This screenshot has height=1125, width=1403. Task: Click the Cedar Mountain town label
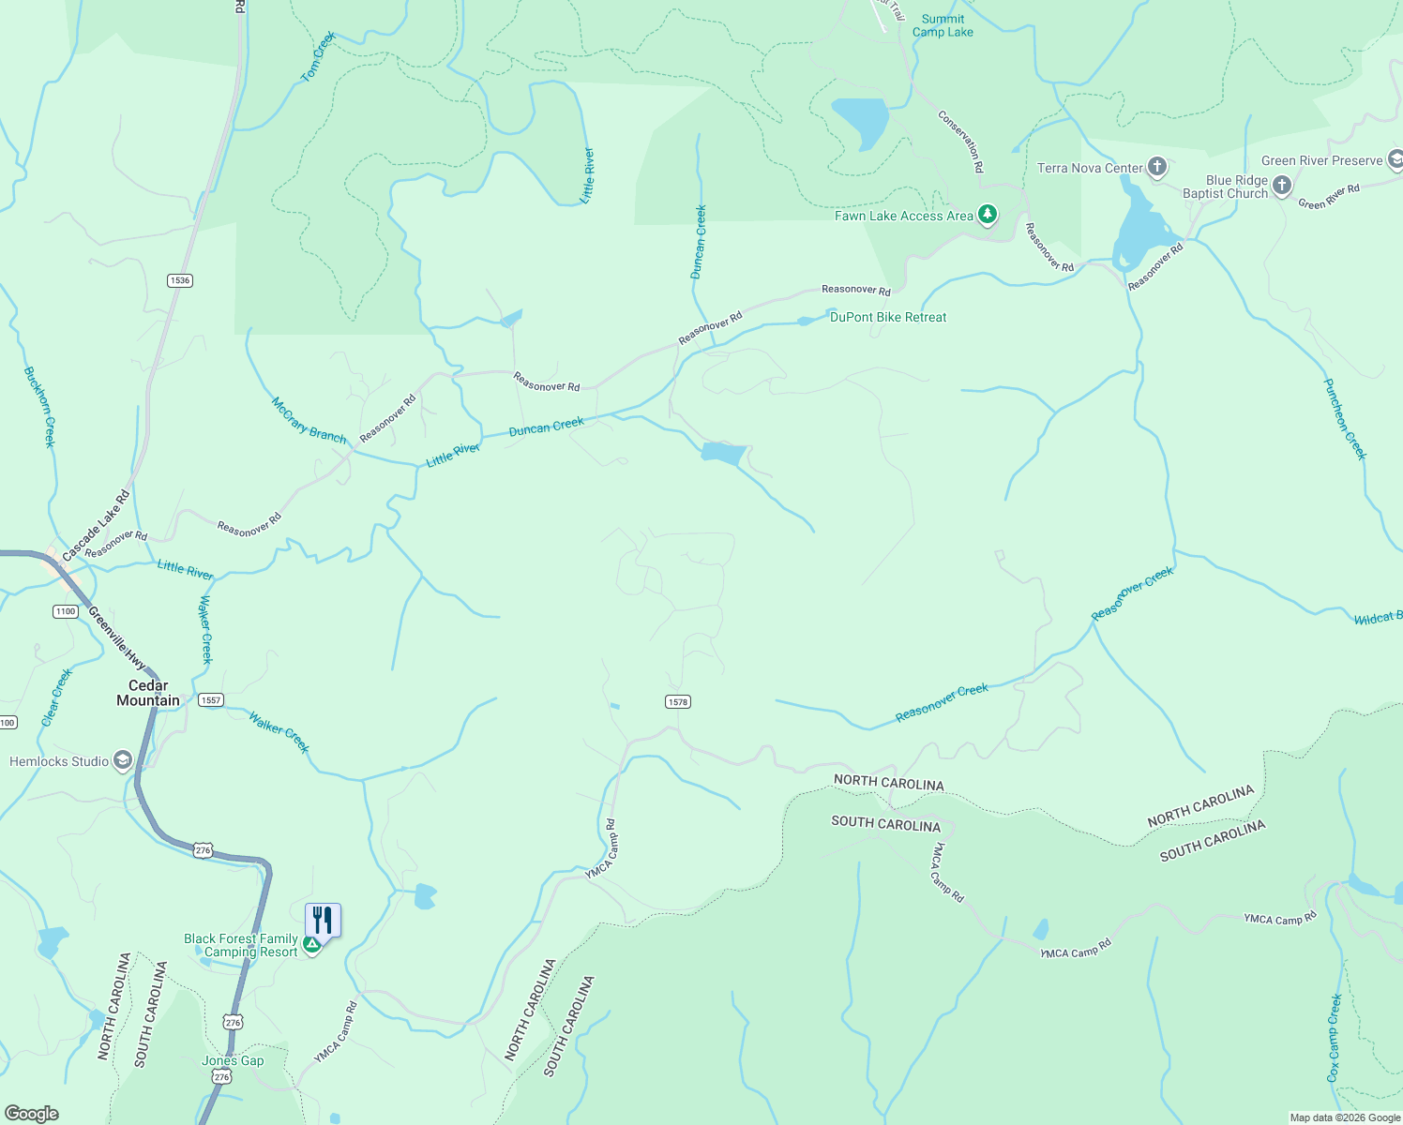148,693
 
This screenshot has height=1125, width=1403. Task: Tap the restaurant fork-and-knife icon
323,919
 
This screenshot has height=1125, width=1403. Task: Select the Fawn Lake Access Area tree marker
987,216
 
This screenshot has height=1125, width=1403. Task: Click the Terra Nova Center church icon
1157,168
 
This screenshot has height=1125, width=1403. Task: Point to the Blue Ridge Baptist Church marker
1282,187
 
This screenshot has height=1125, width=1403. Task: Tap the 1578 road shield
678,702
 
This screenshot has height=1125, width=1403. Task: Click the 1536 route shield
180,280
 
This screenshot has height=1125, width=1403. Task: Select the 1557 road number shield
211,700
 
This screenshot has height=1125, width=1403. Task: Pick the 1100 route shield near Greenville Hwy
65,611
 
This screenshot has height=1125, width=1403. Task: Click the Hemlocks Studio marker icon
123,760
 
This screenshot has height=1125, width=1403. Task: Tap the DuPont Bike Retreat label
888,317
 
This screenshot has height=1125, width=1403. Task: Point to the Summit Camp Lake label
943,25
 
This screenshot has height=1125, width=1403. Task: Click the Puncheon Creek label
1345,418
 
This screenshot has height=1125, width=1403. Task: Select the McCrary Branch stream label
309,421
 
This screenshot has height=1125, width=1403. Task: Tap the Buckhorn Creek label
39,407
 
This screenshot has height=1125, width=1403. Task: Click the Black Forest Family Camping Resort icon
312,945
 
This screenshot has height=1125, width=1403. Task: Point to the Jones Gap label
233,1060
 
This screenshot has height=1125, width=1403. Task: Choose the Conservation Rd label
961,142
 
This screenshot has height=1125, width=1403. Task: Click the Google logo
31,1113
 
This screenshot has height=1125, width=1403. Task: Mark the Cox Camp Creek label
1334,1038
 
